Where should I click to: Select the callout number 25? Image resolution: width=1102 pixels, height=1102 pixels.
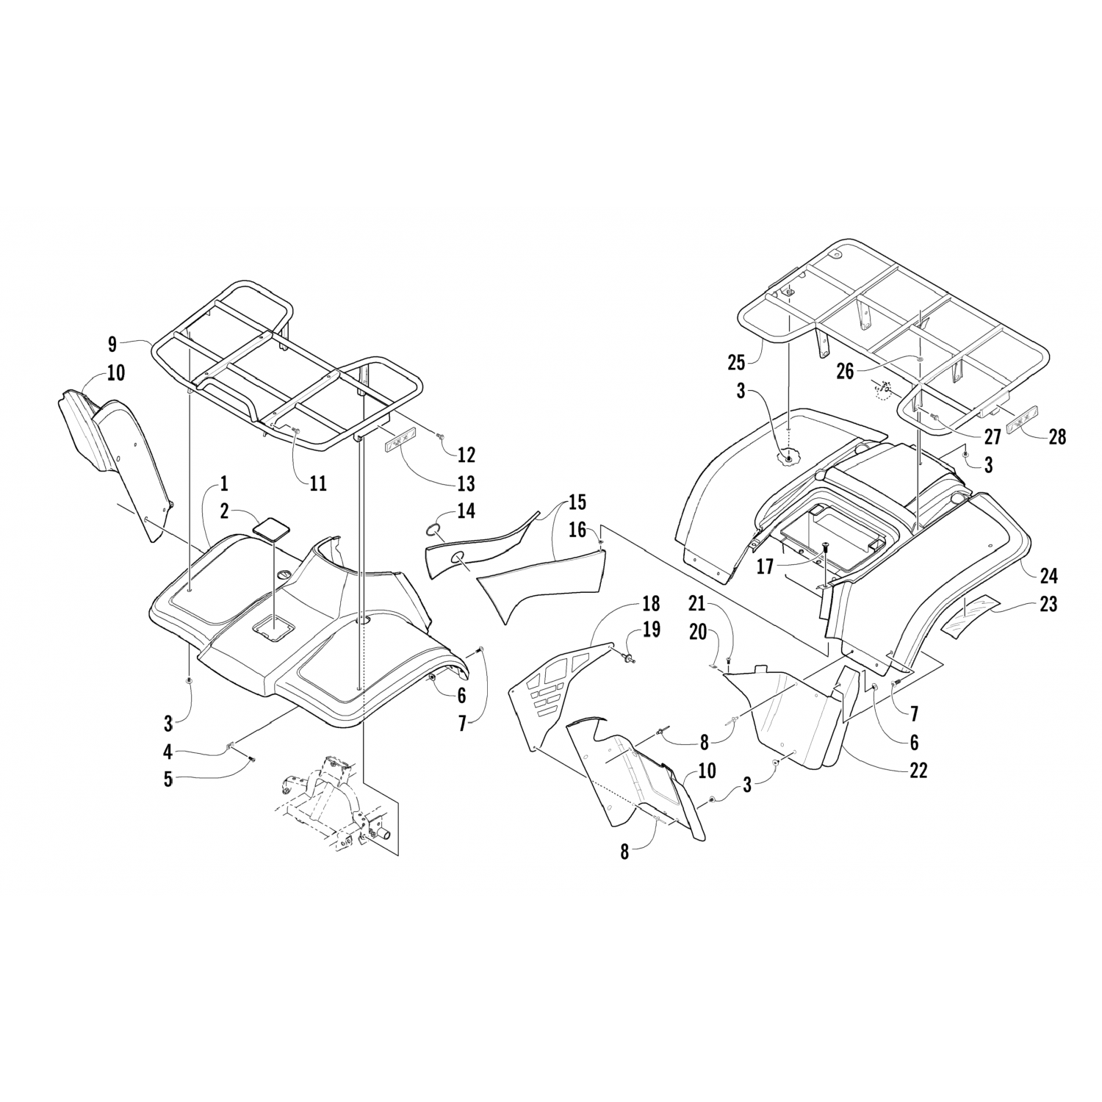(x=736, y=362)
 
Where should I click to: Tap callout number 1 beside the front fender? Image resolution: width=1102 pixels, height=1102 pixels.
(x=223, y=484)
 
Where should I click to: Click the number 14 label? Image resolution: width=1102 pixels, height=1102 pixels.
(x=466, y=511)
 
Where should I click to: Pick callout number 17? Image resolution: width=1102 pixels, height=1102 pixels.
(x=766, y=567)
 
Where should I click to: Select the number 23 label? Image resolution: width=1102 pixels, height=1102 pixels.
(x=1048, y=604)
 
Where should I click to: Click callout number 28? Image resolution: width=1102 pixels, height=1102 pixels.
(x=1057, y=436)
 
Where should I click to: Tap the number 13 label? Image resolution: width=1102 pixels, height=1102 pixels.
(x=466, y=483)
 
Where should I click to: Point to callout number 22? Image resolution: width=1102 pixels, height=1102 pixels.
(x=918, y=770)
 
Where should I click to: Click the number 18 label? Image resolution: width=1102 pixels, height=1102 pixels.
(x=651, y=604)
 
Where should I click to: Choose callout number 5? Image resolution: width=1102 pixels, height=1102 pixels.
(x=168, y=779)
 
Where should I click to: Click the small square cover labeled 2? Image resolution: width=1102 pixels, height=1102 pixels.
(x=270, y=528)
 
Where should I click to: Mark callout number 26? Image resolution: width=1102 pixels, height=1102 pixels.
(x=846, y=372)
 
